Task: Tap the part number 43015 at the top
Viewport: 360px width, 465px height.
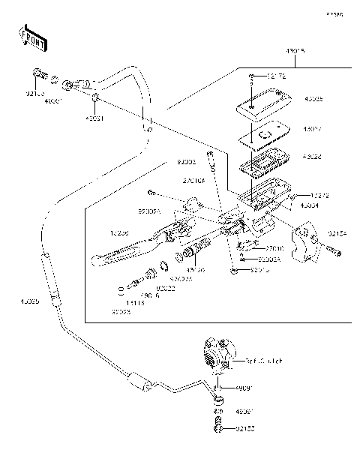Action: [x=295, y=51]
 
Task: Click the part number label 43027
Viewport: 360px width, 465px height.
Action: [x=312, y=128]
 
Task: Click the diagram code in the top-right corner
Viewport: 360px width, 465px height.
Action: [x=334, y=14]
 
